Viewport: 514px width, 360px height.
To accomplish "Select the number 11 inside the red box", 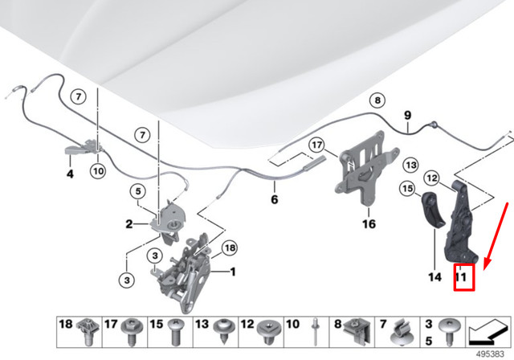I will click(x=462, y=277).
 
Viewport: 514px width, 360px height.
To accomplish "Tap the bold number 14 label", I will click(x=434, y=277).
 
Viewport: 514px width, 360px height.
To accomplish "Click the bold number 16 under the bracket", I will click(x=369, y=224).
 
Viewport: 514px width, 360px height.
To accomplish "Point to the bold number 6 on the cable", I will click(x=273, y=198).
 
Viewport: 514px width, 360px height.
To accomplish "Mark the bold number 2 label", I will click(x=128, y=224).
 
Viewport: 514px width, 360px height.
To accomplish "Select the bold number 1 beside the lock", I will click(x=232, y=272).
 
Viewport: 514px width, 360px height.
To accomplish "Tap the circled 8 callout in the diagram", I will click(x=375, y=100).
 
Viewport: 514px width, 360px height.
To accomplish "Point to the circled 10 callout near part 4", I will click(x=97, y=170).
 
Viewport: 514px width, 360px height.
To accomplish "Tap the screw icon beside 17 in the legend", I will click(x=128, y=329).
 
